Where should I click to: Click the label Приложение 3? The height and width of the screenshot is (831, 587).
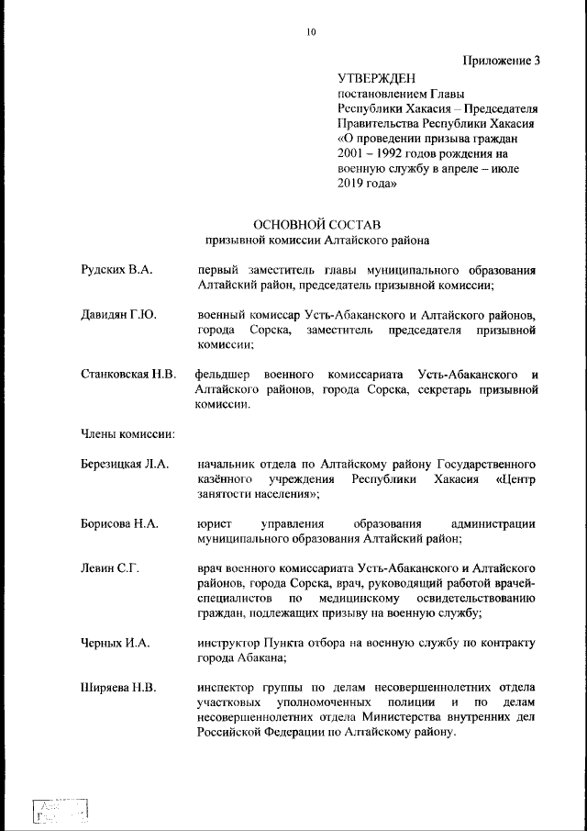[501, 61]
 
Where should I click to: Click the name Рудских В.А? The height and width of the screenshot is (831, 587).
[116, 271]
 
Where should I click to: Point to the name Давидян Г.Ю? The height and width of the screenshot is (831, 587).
[118, 315]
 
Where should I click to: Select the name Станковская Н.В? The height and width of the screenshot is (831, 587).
[128, 375]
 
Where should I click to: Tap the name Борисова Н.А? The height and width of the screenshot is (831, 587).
[120, 523]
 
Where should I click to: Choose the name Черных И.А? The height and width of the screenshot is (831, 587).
[115, 643]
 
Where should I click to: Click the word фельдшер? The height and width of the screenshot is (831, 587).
[223, 375]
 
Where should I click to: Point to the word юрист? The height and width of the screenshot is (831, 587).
[214, 523]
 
